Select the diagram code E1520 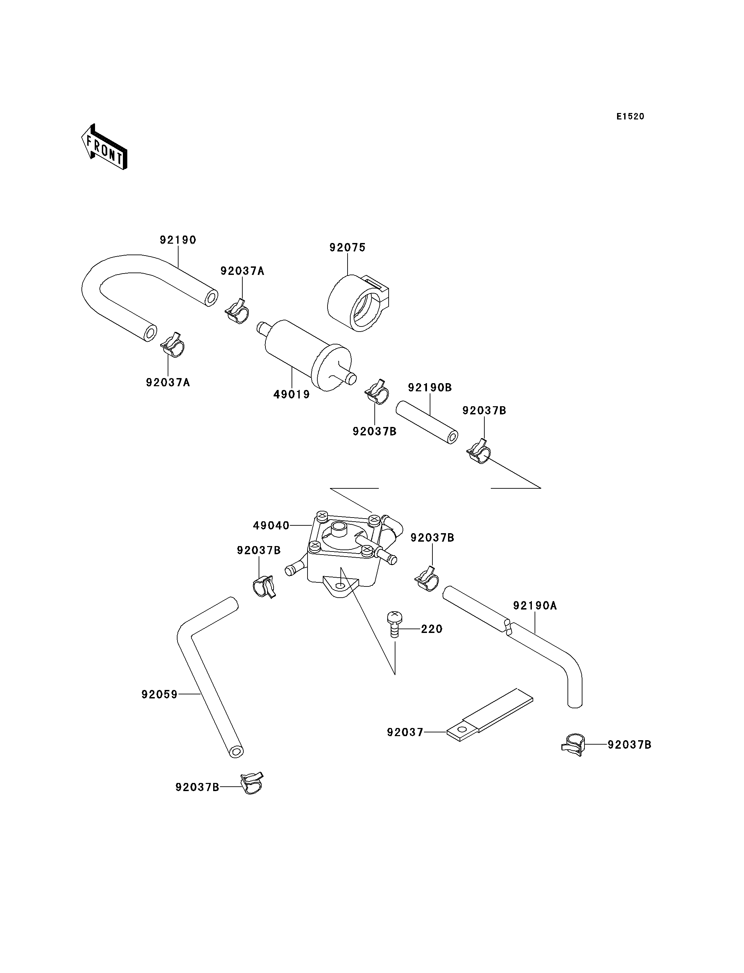(x=630, y=116)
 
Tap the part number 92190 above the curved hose (x=178, y=240)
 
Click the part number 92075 (x=348, y=247)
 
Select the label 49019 (x=292, y=394)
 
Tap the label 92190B (x=430, y=388)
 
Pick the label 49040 (x=271, y=526)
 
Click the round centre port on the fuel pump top (x=340, y=528)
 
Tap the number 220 (x=432, y=629)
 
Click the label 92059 (x=160, y=694)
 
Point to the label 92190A (x=535, y=605)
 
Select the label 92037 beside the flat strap (x=405, y=732)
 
